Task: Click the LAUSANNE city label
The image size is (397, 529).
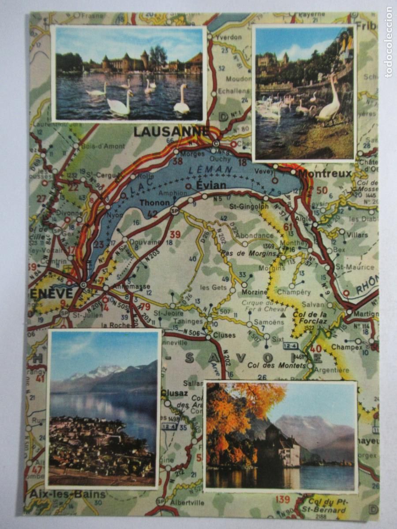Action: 172,131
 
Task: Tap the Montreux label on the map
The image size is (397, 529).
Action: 332,173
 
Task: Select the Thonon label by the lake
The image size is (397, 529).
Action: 154,203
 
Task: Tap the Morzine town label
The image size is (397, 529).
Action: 255,292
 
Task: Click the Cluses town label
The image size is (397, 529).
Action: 224,335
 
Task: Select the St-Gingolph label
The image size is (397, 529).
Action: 249,206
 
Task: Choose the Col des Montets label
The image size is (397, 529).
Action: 277,365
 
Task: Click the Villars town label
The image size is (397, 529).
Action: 357,235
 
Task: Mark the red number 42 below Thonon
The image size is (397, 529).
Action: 152,214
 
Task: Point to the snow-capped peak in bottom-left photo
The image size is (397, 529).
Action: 99,371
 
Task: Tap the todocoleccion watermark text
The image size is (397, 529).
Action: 388,42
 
